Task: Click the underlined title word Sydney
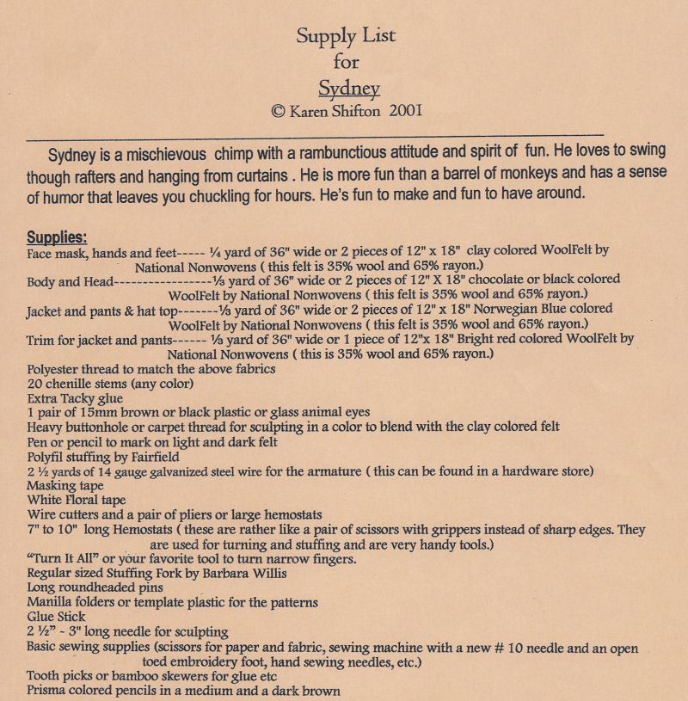click(348, 88)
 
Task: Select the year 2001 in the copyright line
click(405, 111)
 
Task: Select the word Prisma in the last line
click(48, 691)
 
